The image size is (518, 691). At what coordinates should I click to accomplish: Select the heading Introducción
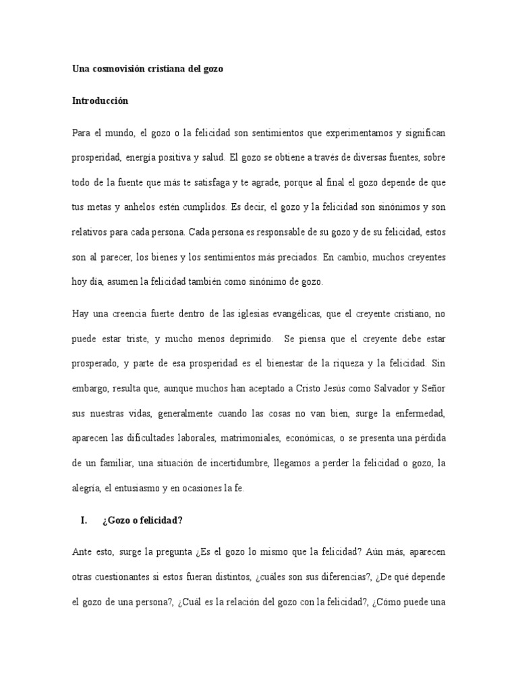(100, 101)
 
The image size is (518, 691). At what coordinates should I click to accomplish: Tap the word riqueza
(344, 362)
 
